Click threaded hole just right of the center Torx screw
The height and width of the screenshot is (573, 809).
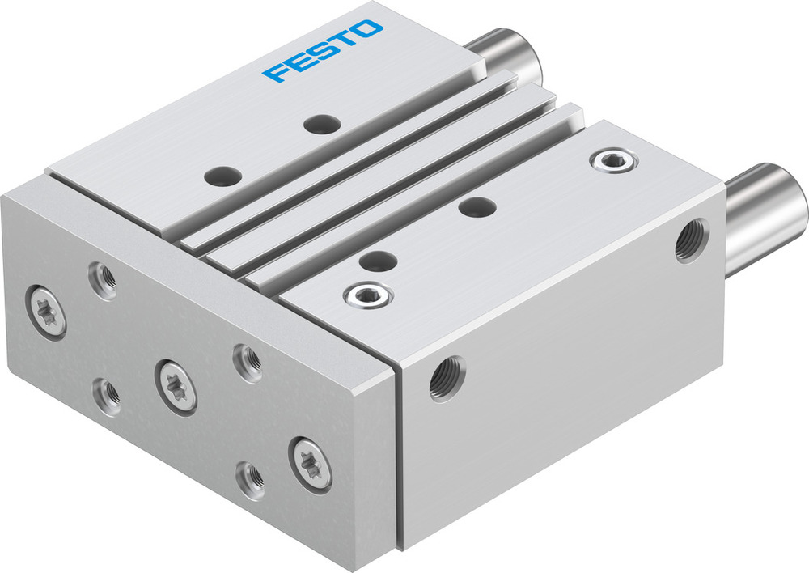(247, 362)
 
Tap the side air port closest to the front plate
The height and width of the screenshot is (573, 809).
(446, 378)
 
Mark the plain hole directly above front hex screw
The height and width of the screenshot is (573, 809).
(377, 261)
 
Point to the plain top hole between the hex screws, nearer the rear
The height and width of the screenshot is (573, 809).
(477, 206)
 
